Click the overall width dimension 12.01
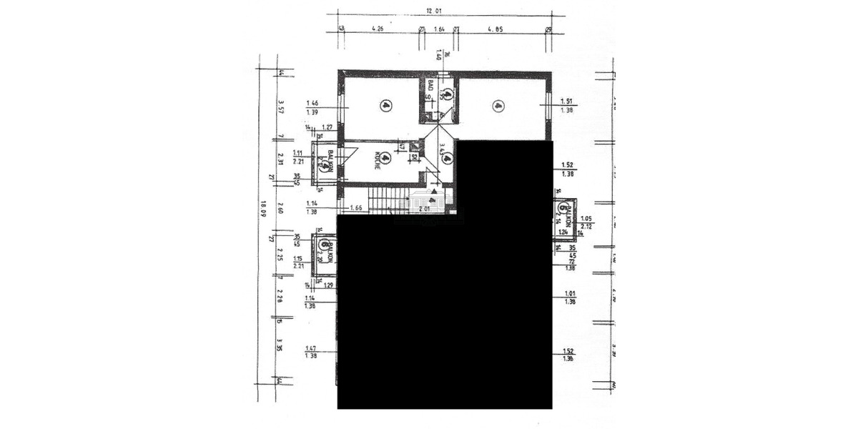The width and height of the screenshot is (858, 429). point(430,11)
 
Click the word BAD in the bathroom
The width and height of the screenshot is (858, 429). point(430,86)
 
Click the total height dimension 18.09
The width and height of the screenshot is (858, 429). point(264,209)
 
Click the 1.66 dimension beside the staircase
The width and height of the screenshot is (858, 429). point(357,208)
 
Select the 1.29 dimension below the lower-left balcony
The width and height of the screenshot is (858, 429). point(330,285)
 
